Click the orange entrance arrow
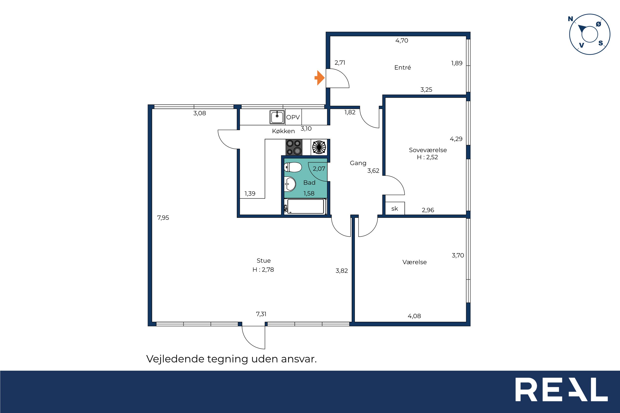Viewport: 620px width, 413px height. pos(319,78)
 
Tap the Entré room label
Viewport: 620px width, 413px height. pos(402,67)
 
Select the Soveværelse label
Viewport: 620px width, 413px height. pos(428,150)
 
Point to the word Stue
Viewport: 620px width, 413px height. pos(263,260)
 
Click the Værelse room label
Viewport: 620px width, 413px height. pos(414,262)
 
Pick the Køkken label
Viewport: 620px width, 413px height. pos(283,131)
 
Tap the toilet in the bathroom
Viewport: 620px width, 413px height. pos(293,167)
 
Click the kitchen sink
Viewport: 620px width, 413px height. pos(277,117)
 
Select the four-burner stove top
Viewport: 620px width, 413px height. pos(294,147)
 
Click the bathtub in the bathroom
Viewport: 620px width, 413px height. pos(306,206)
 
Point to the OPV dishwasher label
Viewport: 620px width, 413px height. pos(293,117)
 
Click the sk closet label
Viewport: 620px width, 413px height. pos(394,209)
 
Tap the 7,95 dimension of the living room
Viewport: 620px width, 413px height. pos(163,218)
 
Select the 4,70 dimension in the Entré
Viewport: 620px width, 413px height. pos(402,41)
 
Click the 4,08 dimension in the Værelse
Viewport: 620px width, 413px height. pos(414,316)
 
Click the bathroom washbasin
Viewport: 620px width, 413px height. pos(290,184)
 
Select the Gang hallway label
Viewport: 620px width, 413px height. pos(358,163)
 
